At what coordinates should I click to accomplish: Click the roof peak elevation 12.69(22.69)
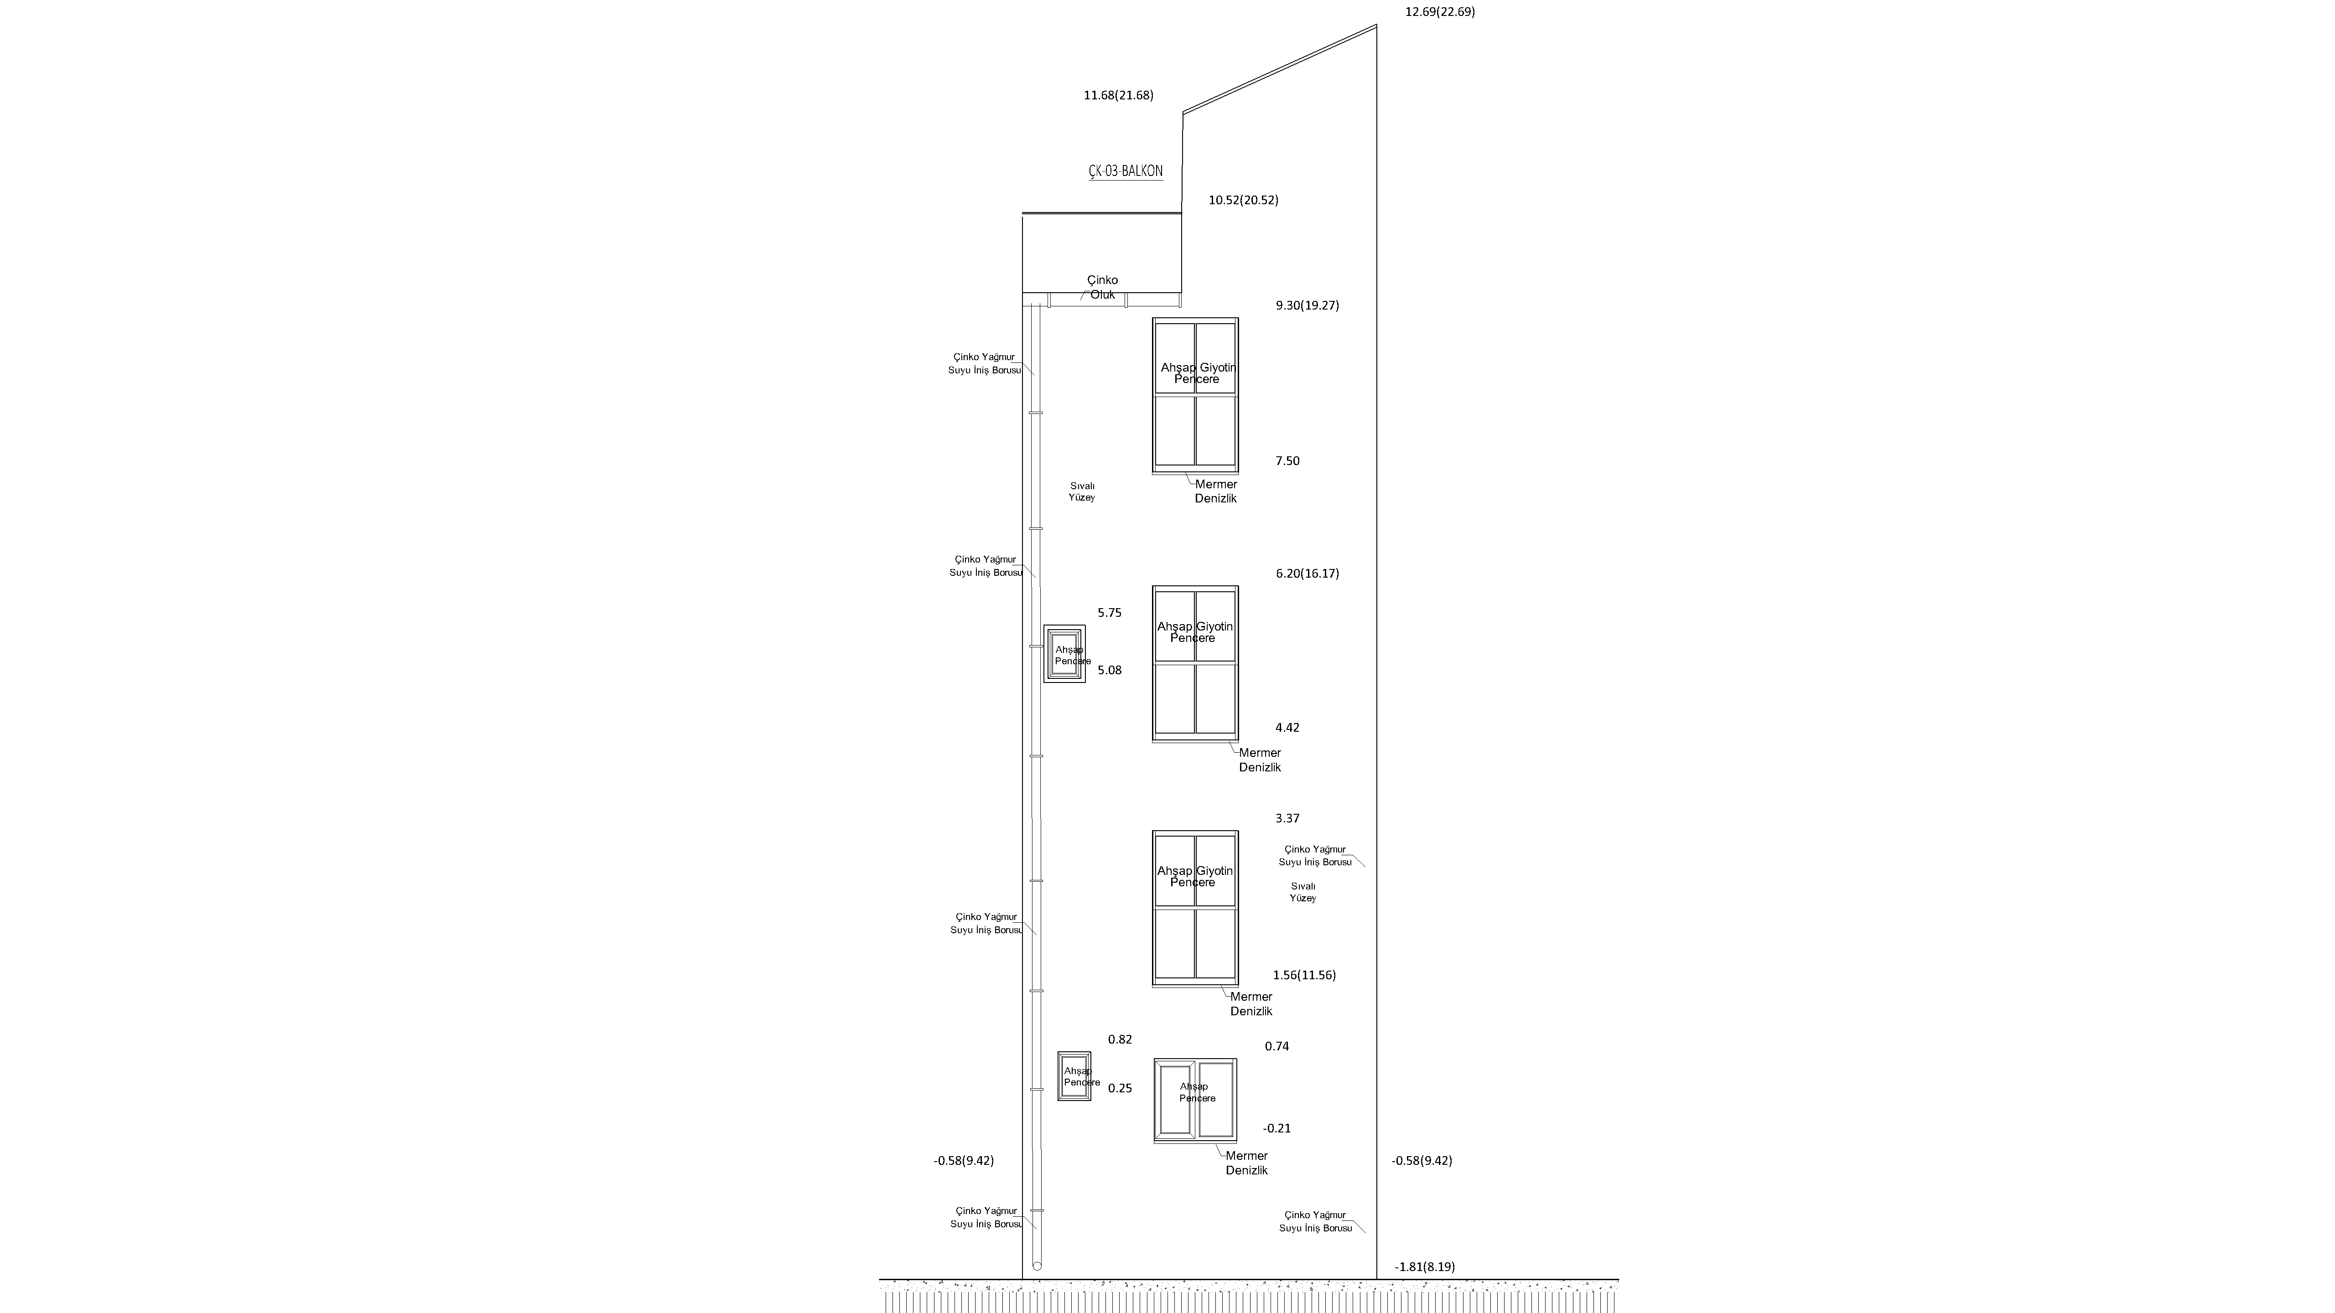click(x=1439, y=12)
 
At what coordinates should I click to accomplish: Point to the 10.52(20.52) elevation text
click(x=1244, y=200)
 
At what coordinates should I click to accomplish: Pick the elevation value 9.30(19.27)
click(x=1307, y=305)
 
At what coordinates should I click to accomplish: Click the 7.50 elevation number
click(x=1287, y=461)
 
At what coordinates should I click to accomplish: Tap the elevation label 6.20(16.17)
click(x=1307, y=574)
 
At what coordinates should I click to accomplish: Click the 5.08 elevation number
click(x=1110, y=671)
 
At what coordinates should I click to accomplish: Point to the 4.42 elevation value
click(x=1287, y=728)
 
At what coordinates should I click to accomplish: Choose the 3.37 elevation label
click(x=1287, y=818)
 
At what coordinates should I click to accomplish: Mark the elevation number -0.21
click(x=1277, y=1128)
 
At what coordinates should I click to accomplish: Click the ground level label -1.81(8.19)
click(x=1425, y=1267)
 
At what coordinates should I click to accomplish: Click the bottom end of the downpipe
click(x=1037, y=1266)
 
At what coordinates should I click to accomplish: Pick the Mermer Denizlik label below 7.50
click(x=1215, y=491)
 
